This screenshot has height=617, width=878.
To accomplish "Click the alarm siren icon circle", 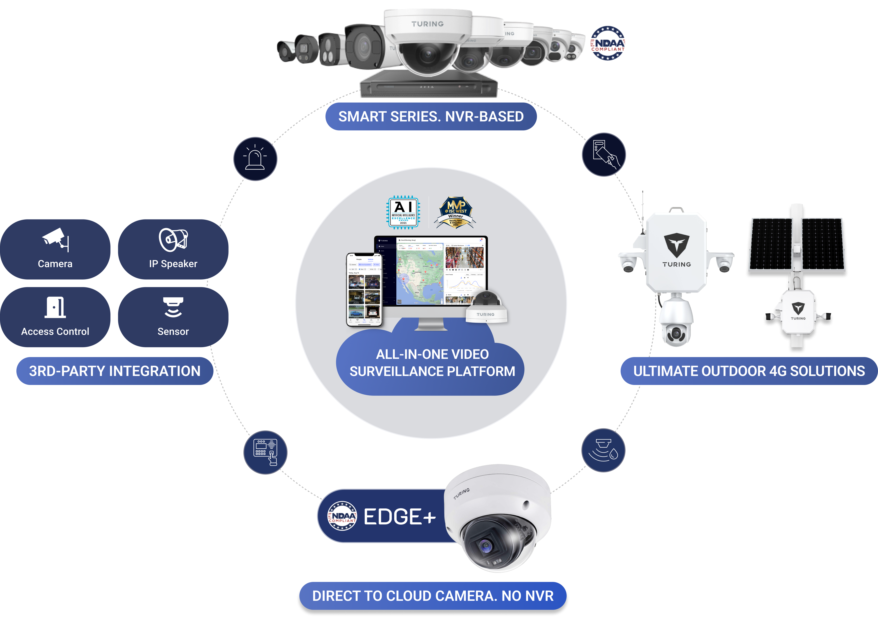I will (x=255, y=159).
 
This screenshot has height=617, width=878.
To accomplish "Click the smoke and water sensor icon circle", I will (x=603, y=450).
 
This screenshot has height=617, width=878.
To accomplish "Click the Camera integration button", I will (x=55, y=249).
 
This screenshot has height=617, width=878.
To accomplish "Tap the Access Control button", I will (x=55, y=317).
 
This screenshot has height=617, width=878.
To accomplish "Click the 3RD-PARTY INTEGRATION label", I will (x=115, y=371).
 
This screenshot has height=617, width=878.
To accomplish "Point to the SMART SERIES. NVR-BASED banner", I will (x=431, y=116).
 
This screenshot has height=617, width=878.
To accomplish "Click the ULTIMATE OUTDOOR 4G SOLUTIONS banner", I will (x=749, y=371).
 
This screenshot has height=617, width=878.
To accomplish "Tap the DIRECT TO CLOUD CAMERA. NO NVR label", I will (x=433, y=596).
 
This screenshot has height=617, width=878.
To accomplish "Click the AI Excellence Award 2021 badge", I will (x=403, y=212).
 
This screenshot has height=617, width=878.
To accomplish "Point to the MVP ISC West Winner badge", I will (x=456, y=212).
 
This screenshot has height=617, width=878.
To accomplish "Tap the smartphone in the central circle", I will (x=364, y=289).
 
